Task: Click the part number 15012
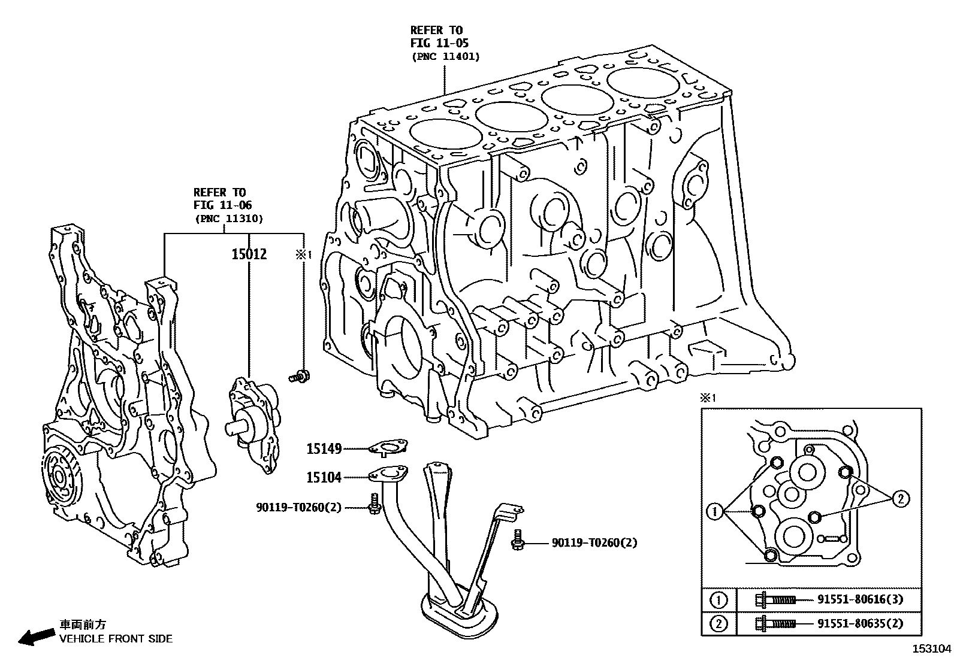click(249, 254)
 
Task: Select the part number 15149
click(324, 448)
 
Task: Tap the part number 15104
click(324, 477)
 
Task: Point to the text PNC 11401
click(445, 56)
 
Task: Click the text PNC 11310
click(228, 219)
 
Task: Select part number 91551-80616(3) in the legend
click(860, 599)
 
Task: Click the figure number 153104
click(932, 648)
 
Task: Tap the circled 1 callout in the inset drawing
click(714, 511)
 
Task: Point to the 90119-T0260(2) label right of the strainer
click(594, 543)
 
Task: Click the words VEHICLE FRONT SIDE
click(116, 638)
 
